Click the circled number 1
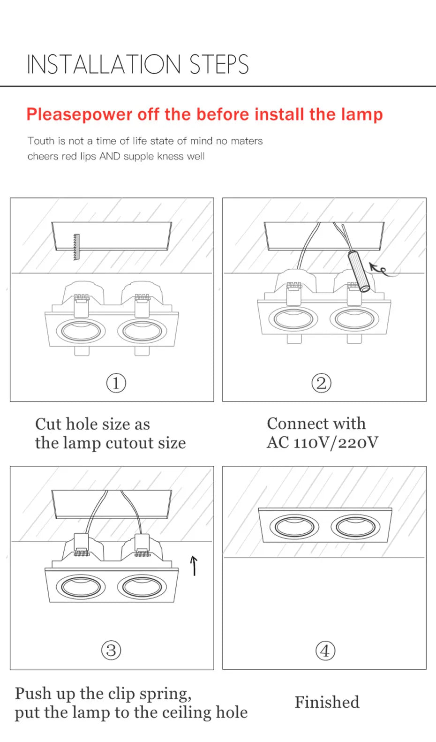click(116, 383)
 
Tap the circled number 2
click(321, 383)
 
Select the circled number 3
click(111, 651)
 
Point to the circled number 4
click(325, 651)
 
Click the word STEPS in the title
click(219, 65)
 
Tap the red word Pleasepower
click(79, 114)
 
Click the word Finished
click(327, 702)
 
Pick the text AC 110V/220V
click(323, 442)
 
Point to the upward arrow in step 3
click(194, 565)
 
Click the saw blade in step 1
click(76, 247)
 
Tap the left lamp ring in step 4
click(294, 526)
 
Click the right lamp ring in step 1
click(142, 331)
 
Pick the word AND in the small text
click(110, 156)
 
